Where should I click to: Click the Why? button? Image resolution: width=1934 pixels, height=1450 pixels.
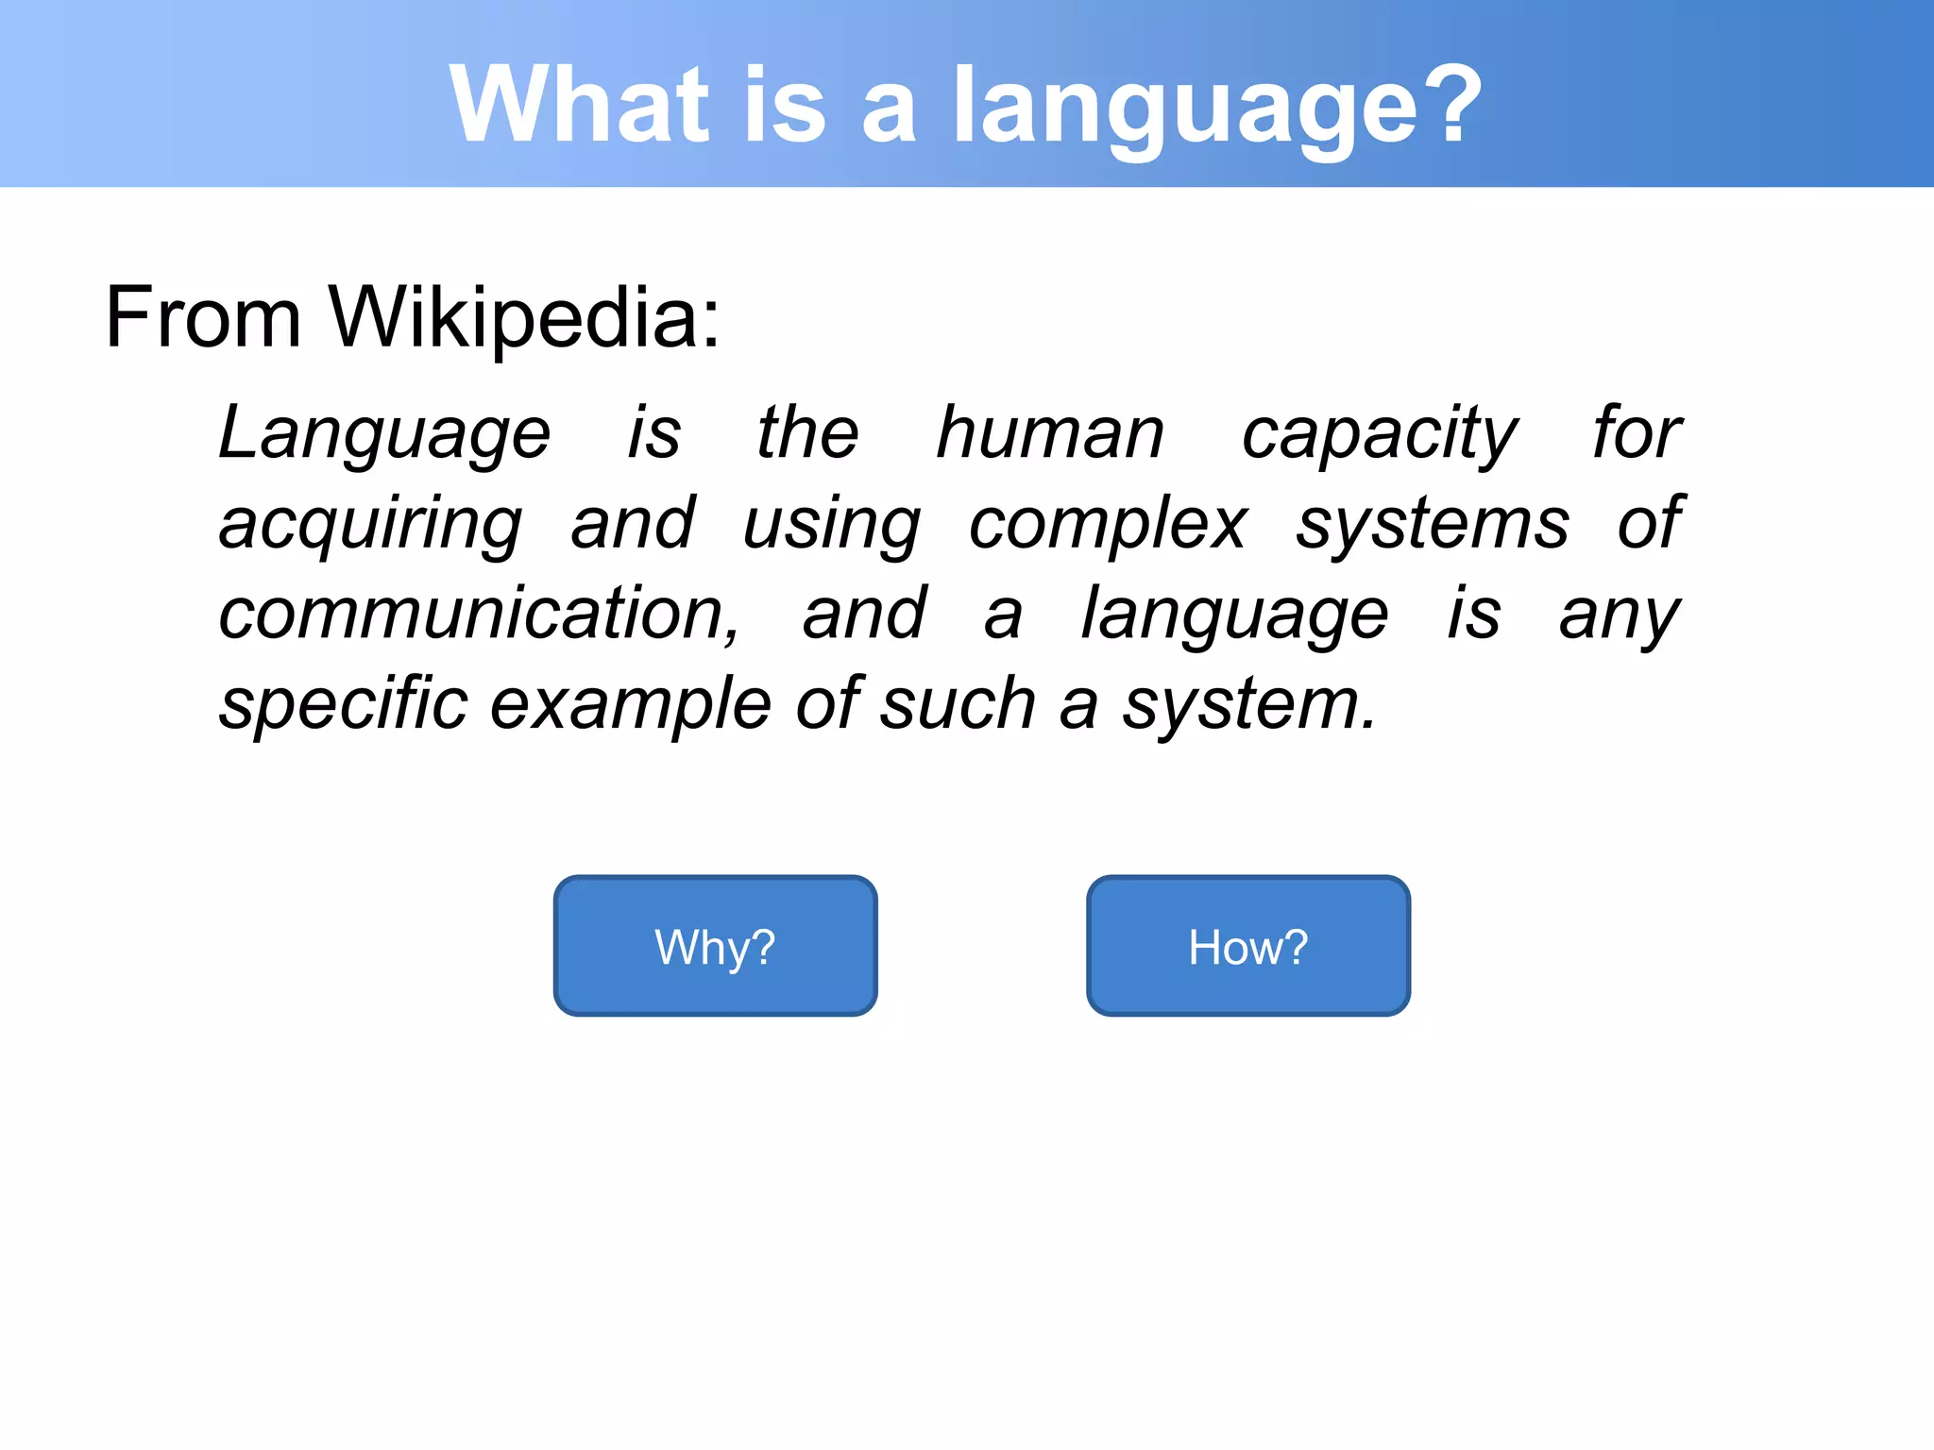point(715,946)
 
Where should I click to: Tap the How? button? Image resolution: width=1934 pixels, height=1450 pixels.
point(1247,946)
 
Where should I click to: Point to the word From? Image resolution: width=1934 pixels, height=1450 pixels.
point(202,317)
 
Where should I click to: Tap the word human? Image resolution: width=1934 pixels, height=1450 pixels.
point(1050,432)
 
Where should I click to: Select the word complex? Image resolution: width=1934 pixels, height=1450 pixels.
point(1108,525)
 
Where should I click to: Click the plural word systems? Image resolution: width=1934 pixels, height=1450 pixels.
point(1432,525)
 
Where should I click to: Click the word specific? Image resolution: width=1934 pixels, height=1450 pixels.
point(344,704)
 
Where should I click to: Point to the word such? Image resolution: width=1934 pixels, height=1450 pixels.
point(958,704)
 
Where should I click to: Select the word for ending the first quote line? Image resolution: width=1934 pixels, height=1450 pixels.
point(1637,432)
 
